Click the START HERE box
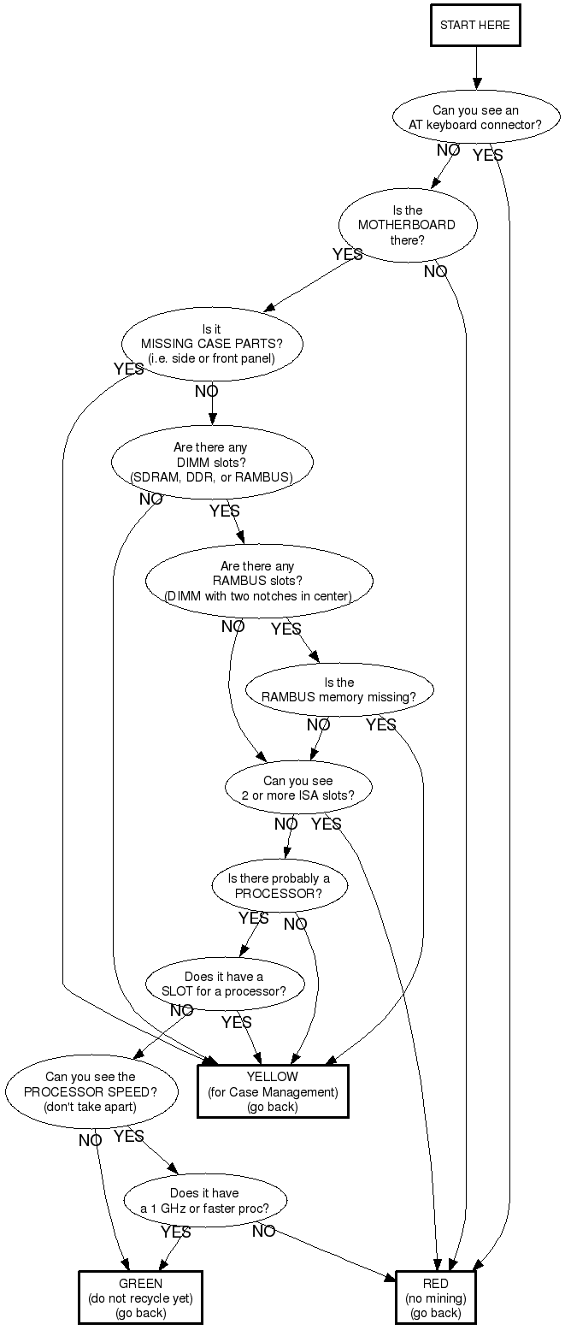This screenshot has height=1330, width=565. (x=475, y=25)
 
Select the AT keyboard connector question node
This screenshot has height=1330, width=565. (x=475, y=117)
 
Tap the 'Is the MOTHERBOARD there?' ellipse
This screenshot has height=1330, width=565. (x=407, y=225)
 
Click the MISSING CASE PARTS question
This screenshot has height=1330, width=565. (x=212, y=343)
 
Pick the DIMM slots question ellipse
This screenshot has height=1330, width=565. (x=211, y=462)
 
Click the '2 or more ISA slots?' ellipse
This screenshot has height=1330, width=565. (x=297, y=788)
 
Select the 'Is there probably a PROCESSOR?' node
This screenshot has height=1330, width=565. (x=279, y=887)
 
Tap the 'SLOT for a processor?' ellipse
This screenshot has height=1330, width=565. (x=224, y=984)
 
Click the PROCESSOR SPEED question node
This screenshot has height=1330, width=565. (x=91, y=1091)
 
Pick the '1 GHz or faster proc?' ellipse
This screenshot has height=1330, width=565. (x=204, y=1200)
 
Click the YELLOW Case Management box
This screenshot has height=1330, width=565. (x=273, y=1091)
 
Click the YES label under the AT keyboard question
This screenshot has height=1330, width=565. (x=488, y=156)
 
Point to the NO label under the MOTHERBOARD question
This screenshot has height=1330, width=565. (x=435, y=272)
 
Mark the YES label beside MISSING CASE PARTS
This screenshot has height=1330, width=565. (x=128, y=369)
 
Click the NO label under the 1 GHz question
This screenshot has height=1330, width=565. (x=263, y=1232)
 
